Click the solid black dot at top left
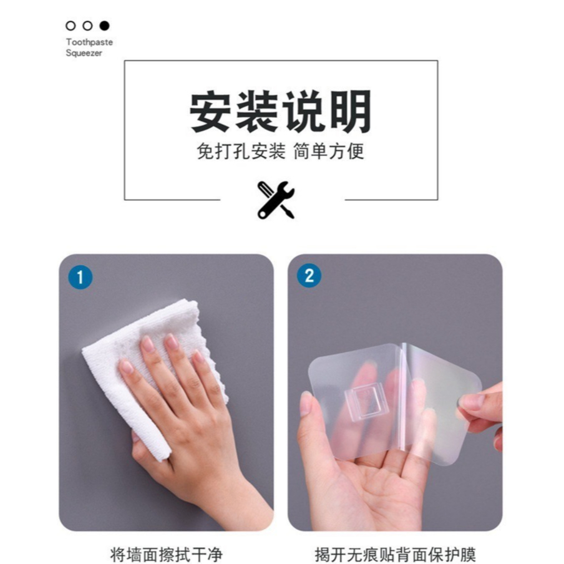click(x=104, y=26)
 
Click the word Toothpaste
click(x=90, y=42)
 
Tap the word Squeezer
click(x=84, y=53)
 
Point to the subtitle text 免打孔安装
click(x=241, y=151)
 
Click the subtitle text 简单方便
click(x=329, y=151)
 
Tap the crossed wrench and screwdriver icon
click(x=276, y=200)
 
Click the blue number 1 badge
click(x=80, y=278)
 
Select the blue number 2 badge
click(x=309, y=276)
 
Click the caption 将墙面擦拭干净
click(x=166, y=554)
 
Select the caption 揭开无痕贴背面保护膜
click(x=395, y=554)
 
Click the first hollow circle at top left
click(x=70, y=26)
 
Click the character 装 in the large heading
click(x=256, y=111)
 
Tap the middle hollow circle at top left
click(x=87, y=26)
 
